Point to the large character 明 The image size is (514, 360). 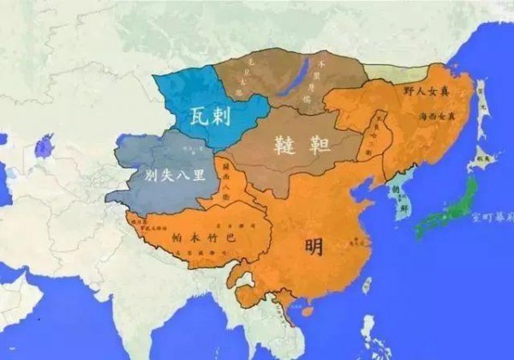click(314, 247)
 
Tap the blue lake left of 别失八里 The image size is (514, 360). click(42, 145)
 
